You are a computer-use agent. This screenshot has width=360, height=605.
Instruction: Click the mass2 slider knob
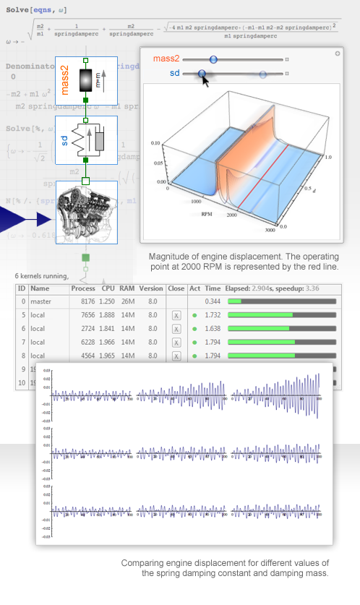[213, 59]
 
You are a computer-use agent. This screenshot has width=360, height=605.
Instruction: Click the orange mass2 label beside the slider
[166, 59]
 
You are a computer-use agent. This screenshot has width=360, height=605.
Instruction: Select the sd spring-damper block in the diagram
[86, 137]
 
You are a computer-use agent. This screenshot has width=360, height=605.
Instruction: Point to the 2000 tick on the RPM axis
[231, 216]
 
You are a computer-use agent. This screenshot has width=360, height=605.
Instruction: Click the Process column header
[83, 288]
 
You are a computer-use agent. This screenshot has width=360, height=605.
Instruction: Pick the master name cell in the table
[41, 301]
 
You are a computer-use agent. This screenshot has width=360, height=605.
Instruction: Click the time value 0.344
[213, 301]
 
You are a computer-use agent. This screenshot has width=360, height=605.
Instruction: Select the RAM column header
[127, 288]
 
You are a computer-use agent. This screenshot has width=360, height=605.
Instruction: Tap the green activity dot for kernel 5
[194, 315]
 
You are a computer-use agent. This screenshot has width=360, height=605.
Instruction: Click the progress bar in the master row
[282, 301]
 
